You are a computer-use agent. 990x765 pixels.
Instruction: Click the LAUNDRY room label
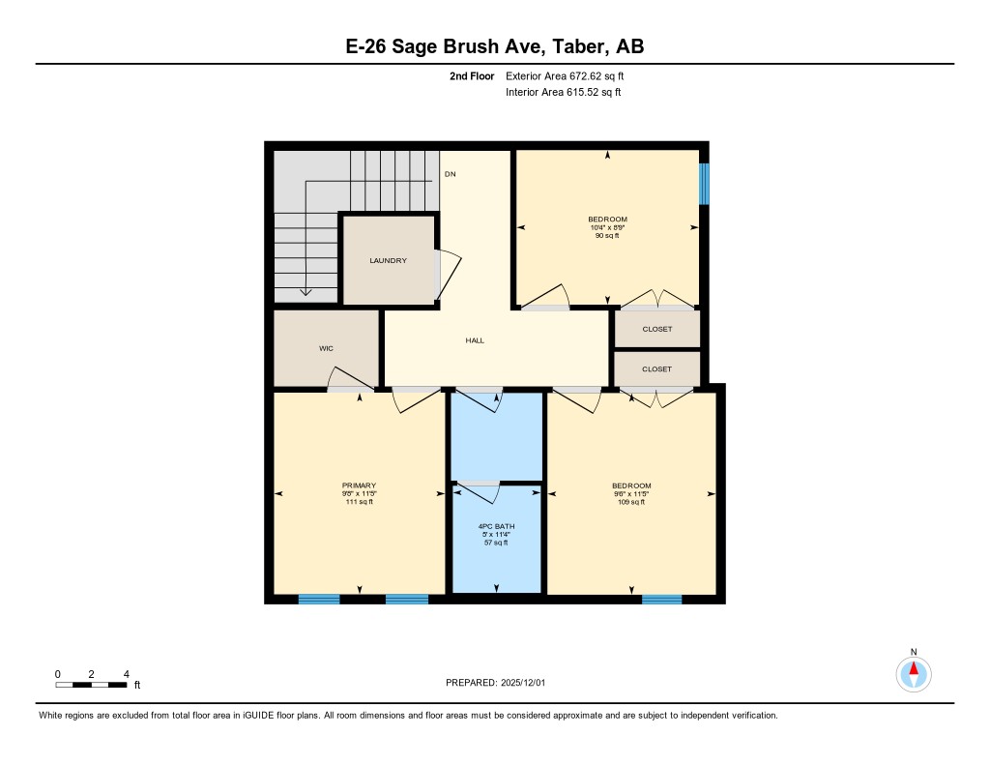388,261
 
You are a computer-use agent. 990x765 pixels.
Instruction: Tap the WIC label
327,348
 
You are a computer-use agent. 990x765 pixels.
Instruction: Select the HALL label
475,340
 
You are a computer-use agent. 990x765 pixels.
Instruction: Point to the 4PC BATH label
496,526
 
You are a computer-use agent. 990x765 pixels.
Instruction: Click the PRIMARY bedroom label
359,485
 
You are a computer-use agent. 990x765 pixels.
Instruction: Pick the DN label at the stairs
450,174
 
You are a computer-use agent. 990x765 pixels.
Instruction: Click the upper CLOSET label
656,329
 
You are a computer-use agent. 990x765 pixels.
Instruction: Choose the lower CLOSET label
656,369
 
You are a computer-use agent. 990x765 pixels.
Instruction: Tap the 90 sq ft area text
607,235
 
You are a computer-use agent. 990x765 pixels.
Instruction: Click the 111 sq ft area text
359,502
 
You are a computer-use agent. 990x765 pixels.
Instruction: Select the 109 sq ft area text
631,502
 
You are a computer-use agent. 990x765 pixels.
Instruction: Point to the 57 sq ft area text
496,543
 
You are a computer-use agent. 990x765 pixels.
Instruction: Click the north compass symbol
913,672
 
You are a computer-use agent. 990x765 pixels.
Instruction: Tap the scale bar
91,684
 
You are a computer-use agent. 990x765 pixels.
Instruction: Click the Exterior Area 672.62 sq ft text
571,75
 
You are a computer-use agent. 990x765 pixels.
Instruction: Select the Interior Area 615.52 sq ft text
563,93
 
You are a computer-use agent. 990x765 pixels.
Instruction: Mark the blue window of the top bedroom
704,184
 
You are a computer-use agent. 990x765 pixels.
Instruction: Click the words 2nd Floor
472,75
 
